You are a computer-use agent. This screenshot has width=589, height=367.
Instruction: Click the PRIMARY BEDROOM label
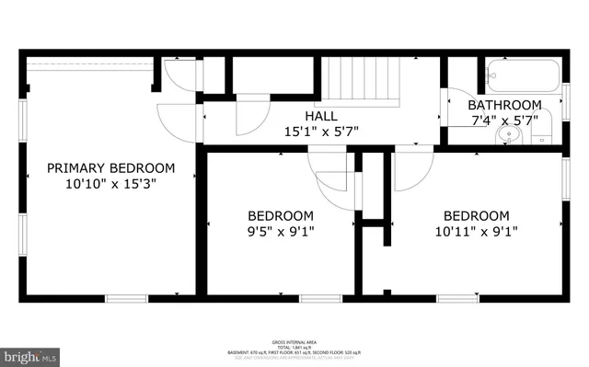(110, 168)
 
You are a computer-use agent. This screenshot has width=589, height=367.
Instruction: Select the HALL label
(321, 117)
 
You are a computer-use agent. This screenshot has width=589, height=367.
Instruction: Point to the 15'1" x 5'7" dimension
(321, 132)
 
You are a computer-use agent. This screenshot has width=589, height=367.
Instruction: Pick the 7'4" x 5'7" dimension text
(502, 120)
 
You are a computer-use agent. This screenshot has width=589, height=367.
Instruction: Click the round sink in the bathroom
(506, 136)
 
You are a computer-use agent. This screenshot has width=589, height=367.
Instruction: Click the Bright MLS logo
(30, 354)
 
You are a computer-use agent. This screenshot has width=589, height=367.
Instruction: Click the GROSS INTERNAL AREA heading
(295, 340)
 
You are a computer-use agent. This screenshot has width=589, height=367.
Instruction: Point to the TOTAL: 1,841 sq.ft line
(295, 347)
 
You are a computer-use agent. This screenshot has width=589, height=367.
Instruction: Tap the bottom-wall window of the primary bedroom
(126, 298)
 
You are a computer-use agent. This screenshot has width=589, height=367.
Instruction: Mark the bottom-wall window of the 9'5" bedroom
(320, 298)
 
